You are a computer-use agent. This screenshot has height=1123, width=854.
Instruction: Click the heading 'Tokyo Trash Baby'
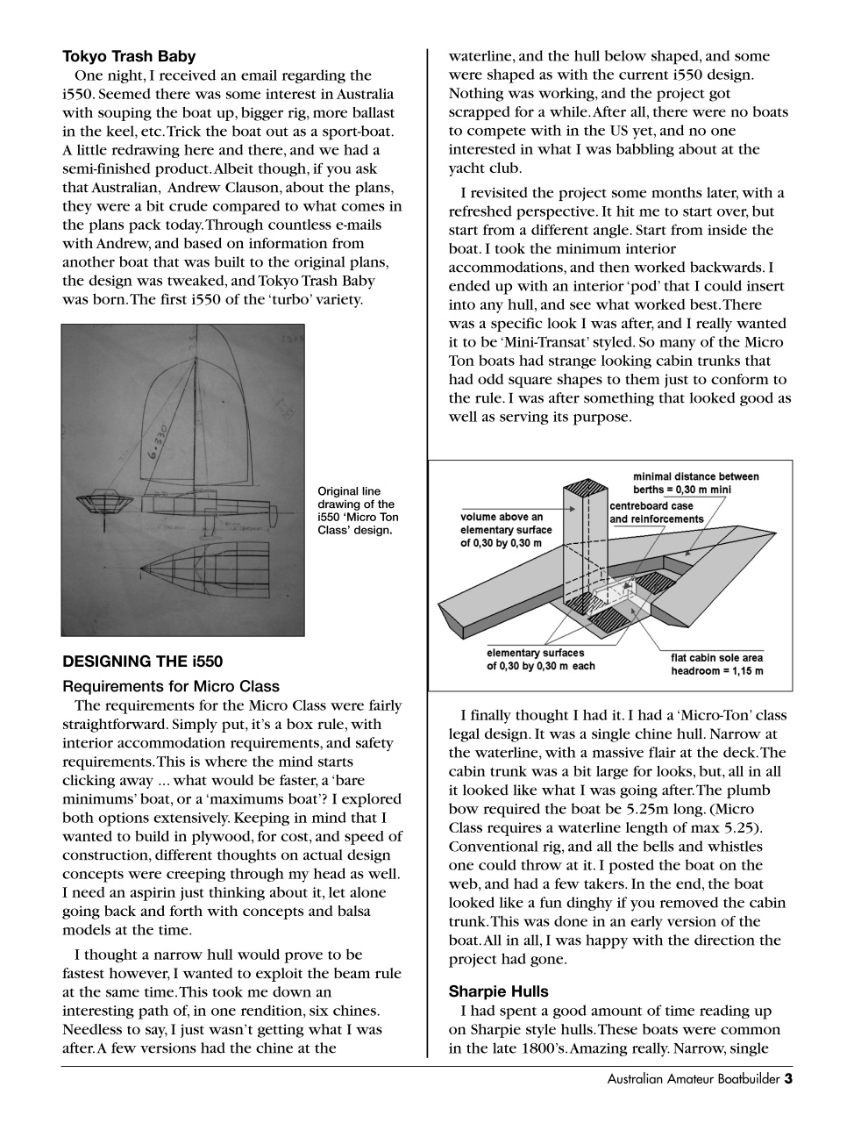click(x=129, y=57)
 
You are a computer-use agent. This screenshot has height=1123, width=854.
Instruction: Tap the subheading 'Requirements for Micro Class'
click(x=171, y=686)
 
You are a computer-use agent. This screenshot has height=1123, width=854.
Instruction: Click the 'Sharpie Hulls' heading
click(x=498, y=991)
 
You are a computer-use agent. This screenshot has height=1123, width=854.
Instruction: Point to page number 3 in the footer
click(x=788, y=1079)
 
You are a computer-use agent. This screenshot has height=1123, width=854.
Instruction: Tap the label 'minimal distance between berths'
click(x=695, y=483)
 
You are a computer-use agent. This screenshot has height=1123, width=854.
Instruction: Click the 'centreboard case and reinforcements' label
click(x=656, y=512)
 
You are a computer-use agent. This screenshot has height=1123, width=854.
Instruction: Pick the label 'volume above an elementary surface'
click(x=506, y=530)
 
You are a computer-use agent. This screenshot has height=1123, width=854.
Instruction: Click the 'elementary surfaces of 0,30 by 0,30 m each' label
click(x=540, y=659)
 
